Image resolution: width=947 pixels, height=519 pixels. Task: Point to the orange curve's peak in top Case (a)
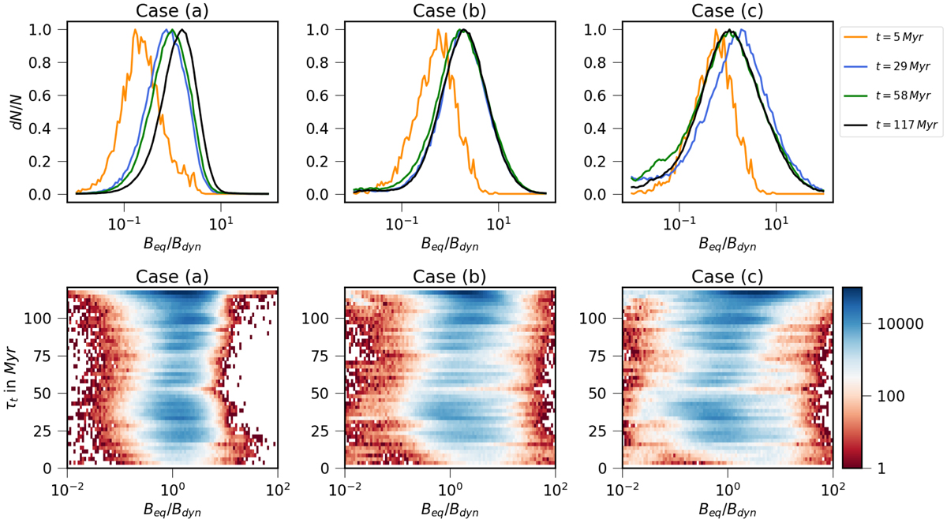pos(136,30)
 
